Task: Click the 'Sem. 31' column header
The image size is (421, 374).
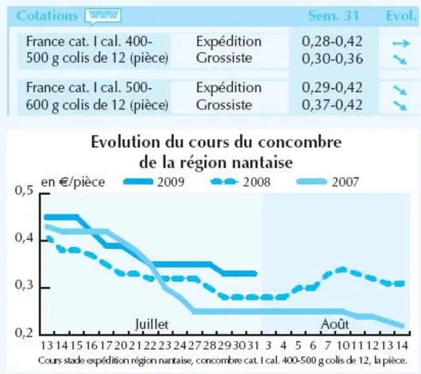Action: click(334, 16)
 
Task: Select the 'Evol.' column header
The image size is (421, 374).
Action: click(401, 16)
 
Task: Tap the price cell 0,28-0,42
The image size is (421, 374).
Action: click(332, 41)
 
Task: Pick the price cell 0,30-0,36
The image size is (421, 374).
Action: click(332, 58)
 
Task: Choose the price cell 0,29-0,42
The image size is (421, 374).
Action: click(332, 88)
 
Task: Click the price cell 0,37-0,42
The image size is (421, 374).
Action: click(332, 105)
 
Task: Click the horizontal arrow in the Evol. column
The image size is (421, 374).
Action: click(402, 43)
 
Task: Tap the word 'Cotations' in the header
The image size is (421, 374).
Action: click(47, 16)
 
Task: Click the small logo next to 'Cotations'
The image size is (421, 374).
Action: click(103, 16)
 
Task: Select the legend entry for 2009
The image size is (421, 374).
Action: click(154, 182)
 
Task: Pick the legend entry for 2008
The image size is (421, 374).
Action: click(240, 182)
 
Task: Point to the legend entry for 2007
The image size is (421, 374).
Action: click(328, 182)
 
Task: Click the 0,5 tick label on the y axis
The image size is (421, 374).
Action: click(24, 190)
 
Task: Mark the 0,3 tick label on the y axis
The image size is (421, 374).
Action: click(24, 285)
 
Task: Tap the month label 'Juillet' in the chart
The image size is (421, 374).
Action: click(152, 324)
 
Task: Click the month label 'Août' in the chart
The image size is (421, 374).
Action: click(335, 324)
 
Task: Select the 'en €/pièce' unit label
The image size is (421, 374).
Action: click(73, 182)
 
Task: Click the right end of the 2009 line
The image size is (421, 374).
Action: click(256, 274)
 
